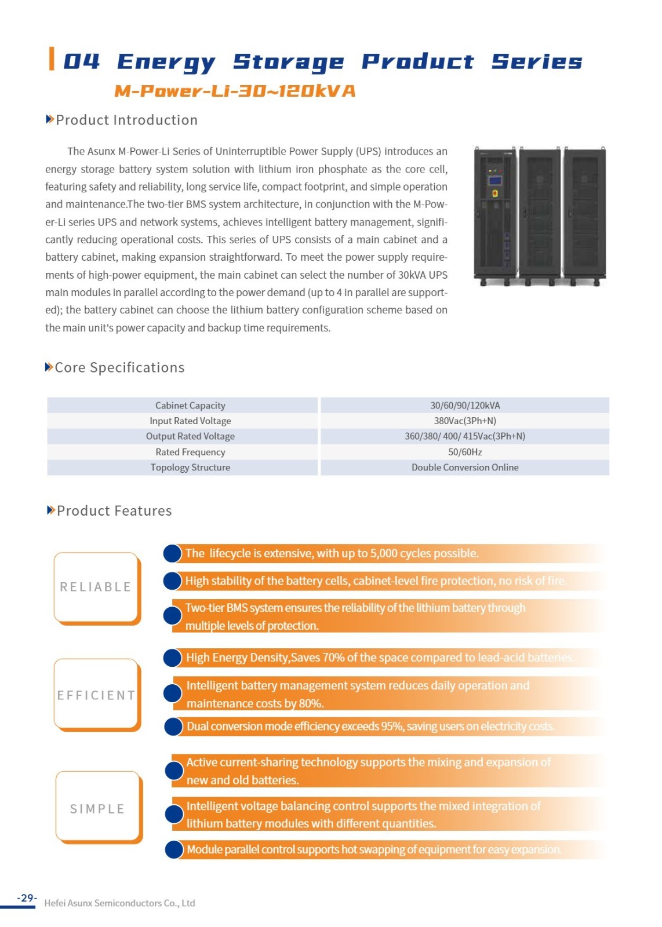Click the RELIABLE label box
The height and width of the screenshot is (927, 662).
(96, 587)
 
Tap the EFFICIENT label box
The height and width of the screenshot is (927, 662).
(96, 694)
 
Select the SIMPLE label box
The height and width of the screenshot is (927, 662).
(97, 808)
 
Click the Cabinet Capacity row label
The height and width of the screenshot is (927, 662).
(190, 406)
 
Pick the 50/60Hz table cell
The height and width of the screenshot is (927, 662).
(465, 452)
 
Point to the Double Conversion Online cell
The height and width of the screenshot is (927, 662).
(465, 468)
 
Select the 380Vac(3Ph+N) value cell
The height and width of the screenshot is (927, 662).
(465, 421)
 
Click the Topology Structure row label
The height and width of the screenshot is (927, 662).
(190, 468)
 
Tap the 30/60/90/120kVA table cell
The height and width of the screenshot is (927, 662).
(465, 406)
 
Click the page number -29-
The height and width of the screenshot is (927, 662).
(27, 898)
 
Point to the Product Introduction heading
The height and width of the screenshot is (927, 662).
(126, 120)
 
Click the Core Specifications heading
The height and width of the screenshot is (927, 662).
(119, 368)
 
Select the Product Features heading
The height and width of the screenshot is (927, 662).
(114, 511)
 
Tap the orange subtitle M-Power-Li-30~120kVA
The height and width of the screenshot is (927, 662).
(235, 91)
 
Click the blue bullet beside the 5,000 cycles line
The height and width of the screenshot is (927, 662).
(172, 553)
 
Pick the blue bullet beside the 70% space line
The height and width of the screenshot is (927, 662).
(172, 658)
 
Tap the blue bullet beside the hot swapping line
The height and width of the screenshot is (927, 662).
(174, 849)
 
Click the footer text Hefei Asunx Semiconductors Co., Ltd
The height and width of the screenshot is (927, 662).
(119, 903)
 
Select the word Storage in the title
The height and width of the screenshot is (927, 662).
(288, 62)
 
